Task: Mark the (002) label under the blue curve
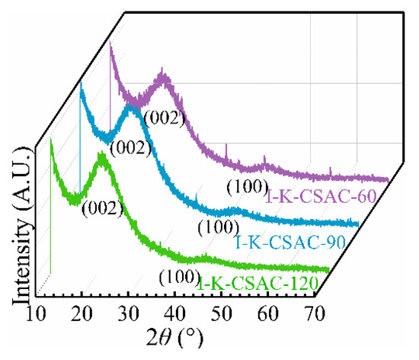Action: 127,149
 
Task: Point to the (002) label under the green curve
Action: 100,207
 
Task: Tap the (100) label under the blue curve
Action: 214,227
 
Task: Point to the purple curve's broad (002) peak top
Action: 163,74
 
